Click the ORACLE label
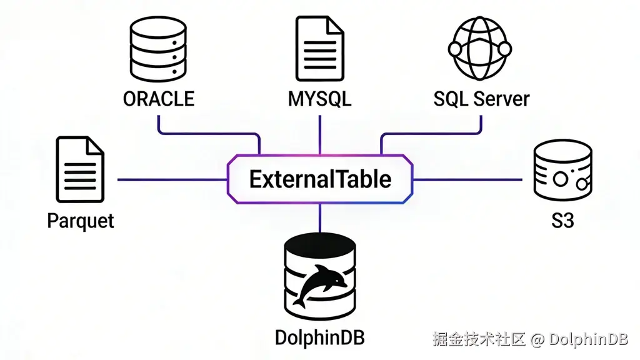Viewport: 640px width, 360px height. click(159, 99)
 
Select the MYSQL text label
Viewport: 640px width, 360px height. click(319, 99)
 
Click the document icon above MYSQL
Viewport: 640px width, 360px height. click(319, 49)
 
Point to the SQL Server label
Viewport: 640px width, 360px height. click(481, 99)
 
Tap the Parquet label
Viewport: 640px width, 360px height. click(81, 221)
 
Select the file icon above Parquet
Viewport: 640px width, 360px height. click(80, 170)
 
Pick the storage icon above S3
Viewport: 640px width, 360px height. click(562, 170)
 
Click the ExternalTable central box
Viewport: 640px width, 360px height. click(320, 179)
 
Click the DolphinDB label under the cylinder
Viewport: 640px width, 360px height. click(320, 338)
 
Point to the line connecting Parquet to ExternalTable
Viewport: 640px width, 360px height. click(172, 180)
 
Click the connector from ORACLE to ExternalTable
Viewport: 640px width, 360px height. click(206, 133)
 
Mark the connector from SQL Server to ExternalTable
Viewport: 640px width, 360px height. click(431, 133)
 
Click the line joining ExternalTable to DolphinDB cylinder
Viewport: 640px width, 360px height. click(320, 219)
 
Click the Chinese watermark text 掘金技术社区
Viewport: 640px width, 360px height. click(479, 339)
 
